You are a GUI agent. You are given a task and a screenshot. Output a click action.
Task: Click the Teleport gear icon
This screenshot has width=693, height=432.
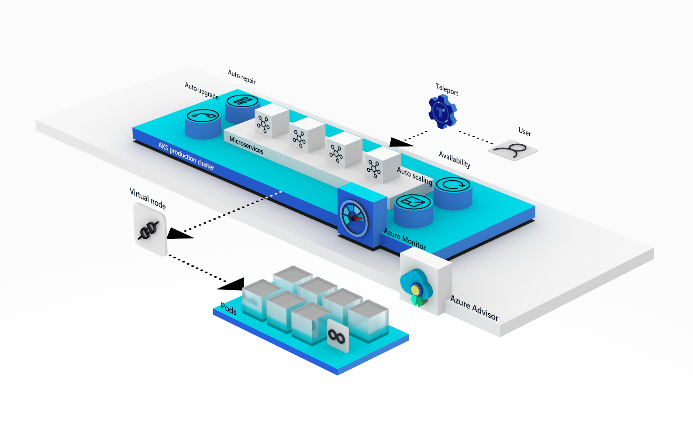pyautogui.click(x=442, y=112)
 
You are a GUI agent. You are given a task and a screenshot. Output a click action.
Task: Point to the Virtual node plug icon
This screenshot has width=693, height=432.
pyautogui.click(x=149, y=229)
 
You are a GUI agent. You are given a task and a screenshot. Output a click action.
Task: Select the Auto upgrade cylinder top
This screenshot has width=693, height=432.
pyautogui.click(x=203, y=116)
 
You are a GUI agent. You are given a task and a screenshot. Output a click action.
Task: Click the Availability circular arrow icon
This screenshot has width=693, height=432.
pyautogui.click(x=453, y=184)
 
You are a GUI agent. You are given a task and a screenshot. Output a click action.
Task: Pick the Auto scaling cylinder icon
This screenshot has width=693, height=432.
pyautogui.click(x=413, y=202)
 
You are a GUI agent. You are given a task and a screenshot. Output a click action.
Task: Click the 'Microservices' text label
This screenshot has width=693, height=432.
pyautogui.click(x=246, y=145)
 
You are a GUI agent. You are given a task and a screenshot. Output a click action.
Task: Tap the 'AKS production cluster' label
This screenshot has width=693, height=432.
pyautogui.click(x=186, y=156)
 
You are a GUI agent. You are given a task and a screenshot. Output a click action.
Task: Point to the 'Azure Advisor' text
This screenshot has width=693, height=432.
pyautogui.click(x=474, y=308)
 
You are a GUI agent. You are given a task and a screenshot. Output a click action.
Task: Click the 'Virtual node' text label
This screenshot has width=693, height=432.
pyautogui.click(x=148, y=198)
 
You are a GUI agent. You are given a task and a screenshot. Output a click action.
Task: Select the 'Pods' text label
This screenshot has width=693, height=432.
pyautogui.click(x=228, y=309)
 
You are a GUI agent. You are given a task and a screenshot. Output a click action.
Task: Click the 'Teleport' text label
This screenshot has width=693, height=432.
pyautogui.click(x=447, y=89)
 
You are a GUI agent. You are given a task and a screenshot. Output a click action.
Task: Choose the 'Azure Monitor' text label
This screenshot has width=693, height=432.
pyautogui.click(x=404, y=239)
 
